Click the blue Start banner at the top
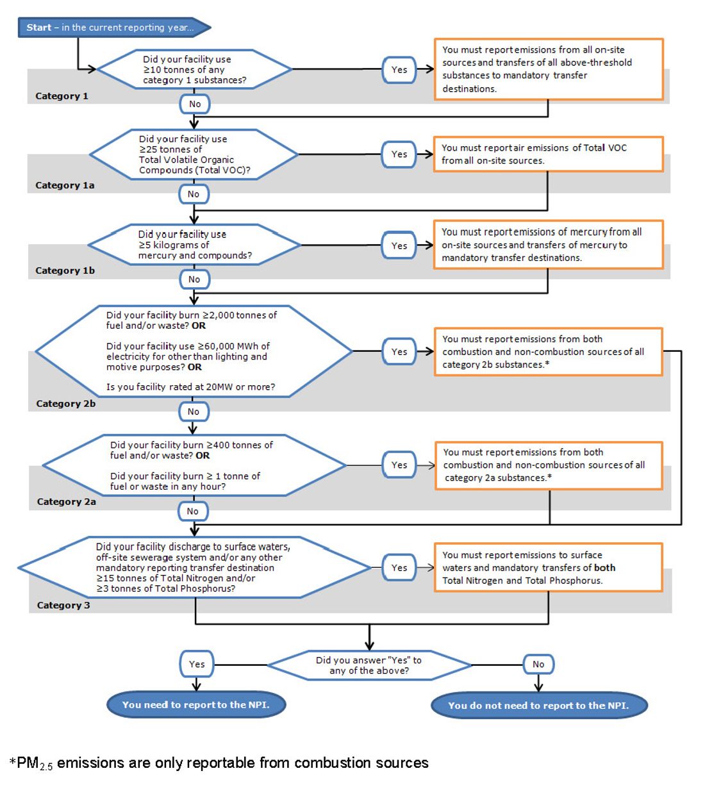pos(112,28)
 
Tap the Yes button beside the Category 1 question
pos(399,69)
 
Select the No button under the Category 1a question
pos(194,194)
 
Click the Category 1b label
pos(65,270)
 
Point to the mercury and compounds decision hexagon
pos(194,245)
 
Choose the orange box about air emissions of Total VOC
pos(548,154)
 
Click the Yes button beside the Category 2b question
pos(399,351)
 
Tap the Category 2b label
pos(65,404)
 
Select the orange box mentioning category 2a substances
pos(549,465)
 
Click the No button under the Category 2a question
pos(193,511)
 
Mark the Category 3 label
pos(63,605)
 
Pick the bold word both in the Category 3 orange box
pos(604,568)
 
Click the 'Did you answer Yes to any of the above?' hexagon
pos(369,665)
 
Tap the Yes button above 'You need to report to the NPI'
pos(197,664)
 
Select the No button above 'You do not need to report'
pos(538,664)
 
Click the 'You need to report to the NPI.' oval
pos(195,705)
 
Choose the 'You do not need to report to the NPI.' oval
pos(538,706)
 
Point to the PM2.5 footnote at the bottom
pos(219,763)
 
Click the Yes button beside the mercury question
pos(399,245)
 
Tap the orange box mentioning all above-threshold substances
pos(549,69)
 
